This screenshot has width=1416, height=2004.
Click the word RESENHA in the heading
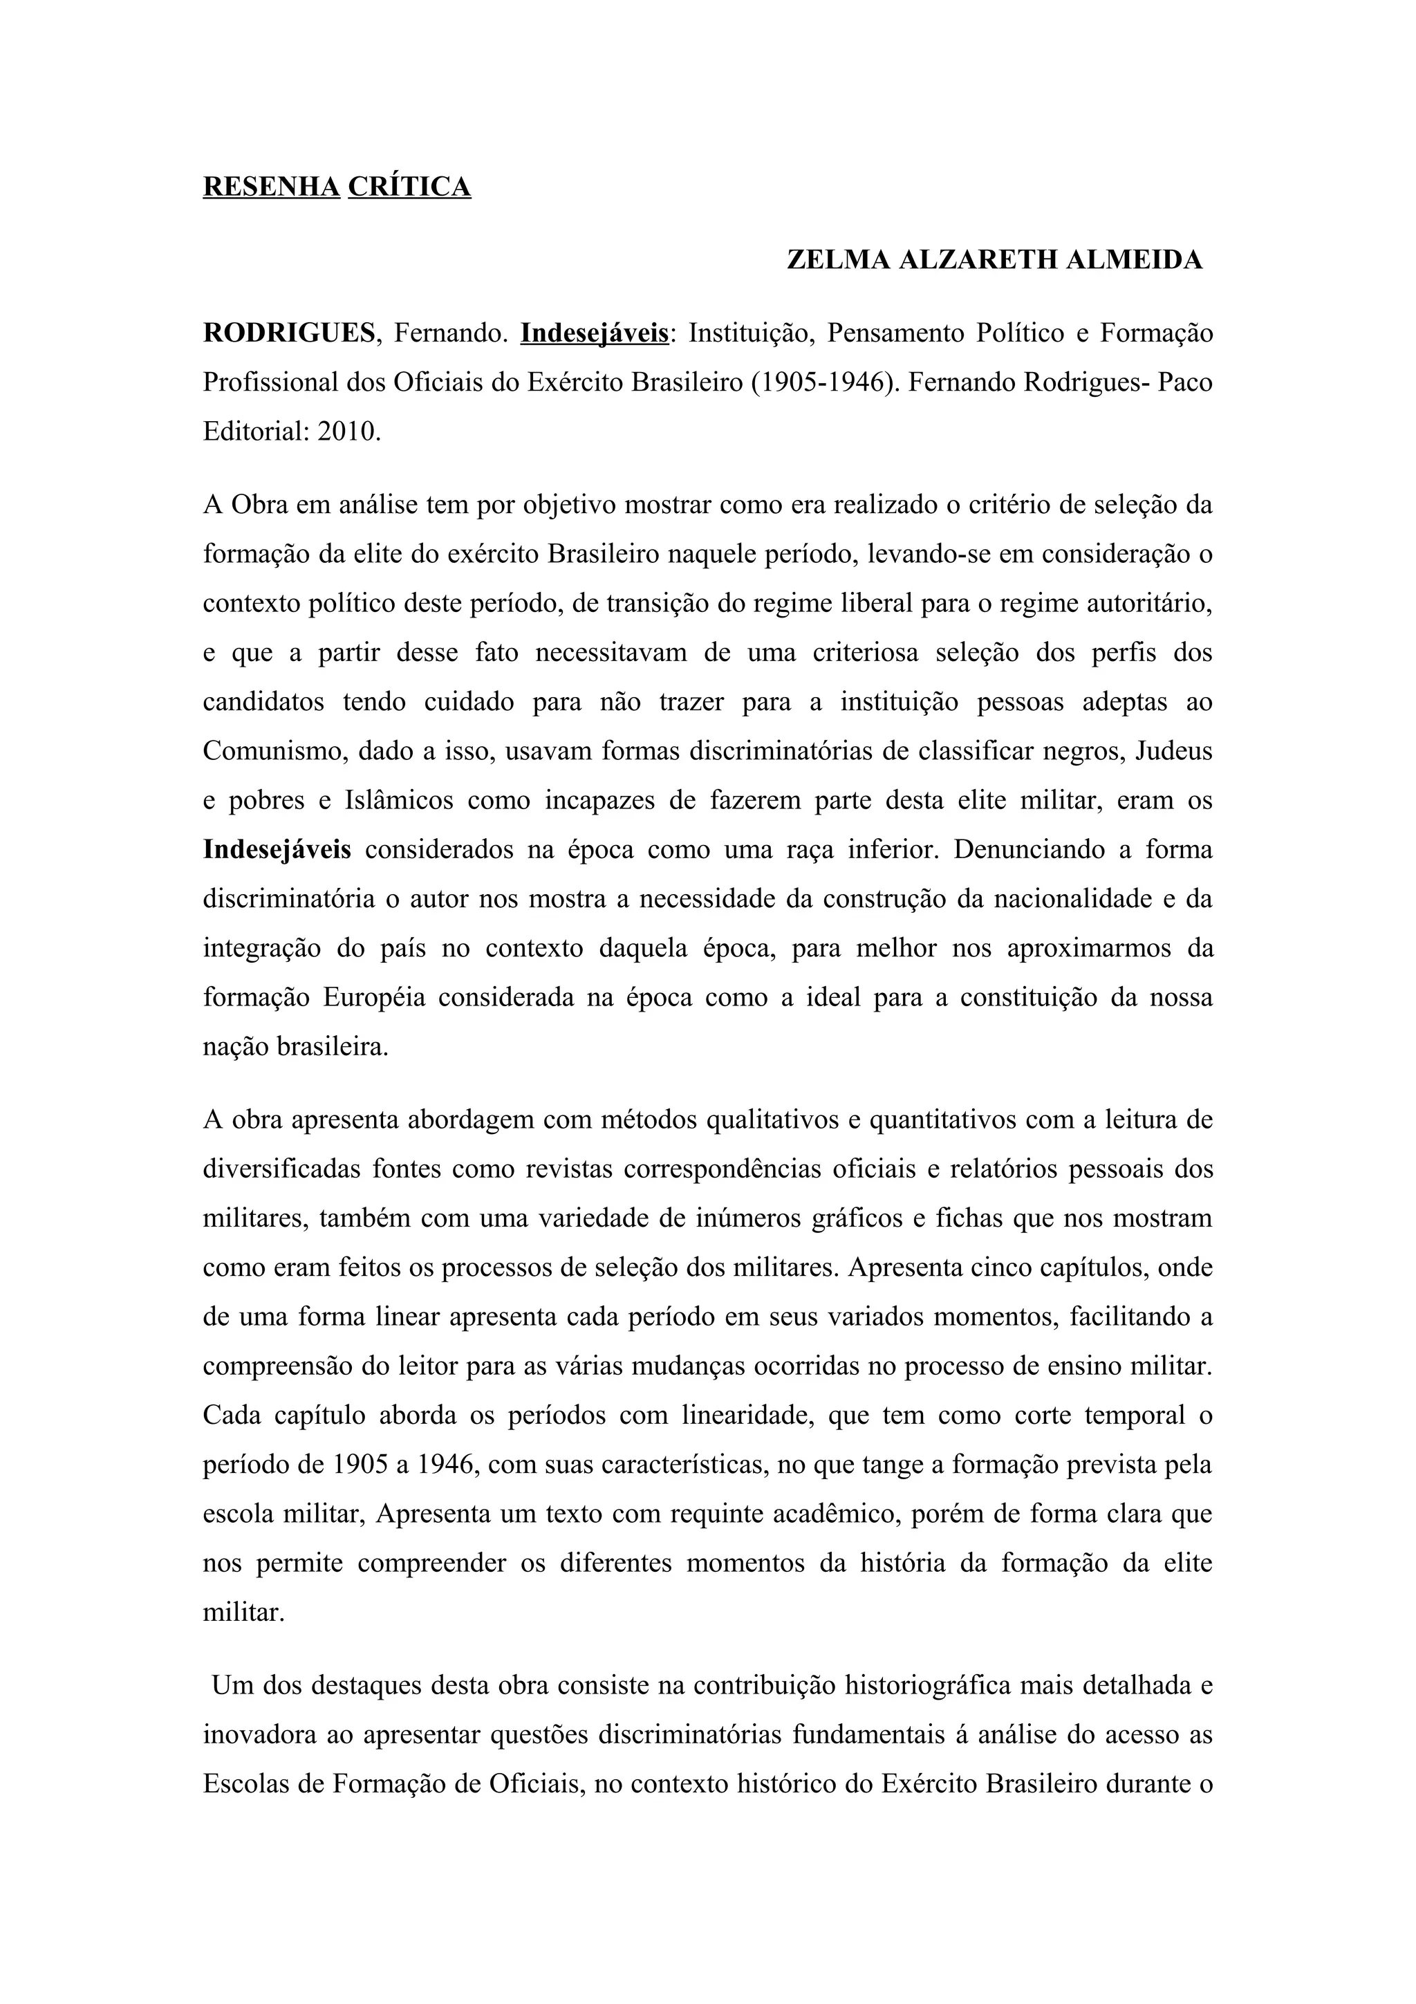pos(271,187)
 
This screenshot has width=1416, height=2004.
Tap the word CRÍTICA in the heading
pos(409,187)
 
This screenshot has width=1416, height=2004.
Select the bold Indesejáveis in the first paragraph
pos(277,849)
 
